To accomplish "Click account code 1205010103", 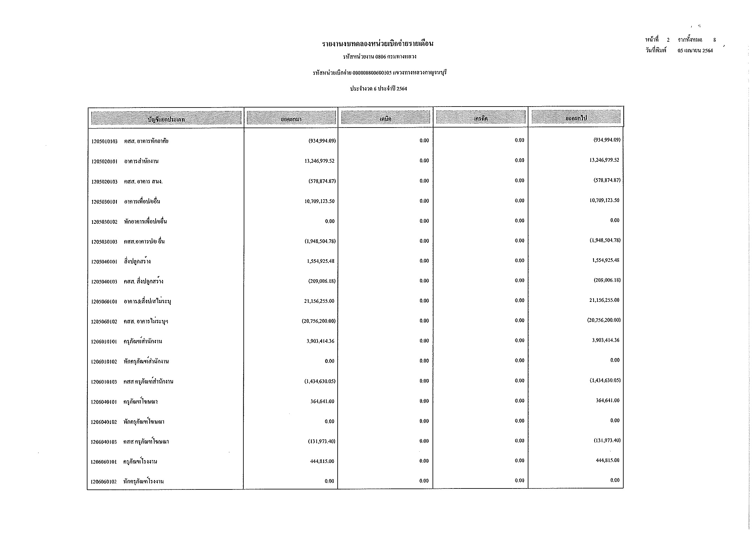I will point(104,141).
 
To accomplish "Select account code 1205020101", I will point(104,161).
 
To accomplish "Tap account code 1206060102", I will point(104,482).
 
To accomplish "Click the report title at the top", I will point(378,44).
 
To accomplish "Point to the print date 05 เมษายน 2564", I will point(695,51).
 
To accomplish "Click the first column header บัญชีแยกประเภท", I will point(166,119).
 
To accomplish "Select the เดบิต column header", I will point(385,118).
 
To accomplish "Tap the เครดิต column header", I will point(480,118).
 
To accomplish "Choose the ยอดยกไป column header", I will point(576,118).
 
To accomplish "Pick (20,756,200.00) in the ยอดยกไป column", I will point(604,320).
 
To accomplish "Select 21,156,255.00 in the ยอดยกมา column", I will point(319,301).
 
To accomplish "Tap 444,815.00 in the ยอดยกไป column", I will point(607,460).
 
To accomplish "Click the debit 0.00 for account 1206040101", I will point(424,401).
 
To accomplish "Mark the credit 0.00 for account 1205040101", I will point(519,261).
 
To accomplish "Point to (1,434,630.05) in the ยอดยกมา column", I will point(320,381).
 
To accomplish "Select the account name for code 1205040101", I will point(137,262).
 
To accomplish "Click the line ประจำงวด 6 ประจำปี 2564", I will point(378,89).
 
